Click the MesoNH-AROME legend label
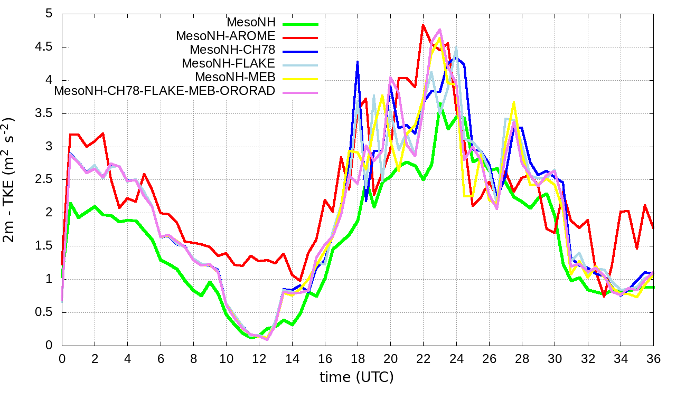click(x=226, y=36)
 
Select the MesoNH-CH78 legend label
click(x=232, y=50)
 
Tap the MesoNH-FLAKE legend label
click(x=228, y=64)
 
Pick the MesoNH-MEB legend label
click(x=236, y=78)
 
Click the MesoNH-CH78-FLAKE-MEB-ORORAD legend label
click(x=165, y=91)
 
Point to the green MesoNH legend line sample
click(x=301, y=23)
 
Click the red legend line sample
click(x=301, y=37)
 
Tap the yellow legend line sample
click(x=301, y=78)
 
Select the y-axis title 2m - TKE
click(x=11, y=179)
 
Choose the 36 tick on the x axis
click(x=653, y=357)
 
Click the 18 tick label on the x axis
click(x=358, y=357)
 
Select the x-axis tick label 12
click(x=259, y=357)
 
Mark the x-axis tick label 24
click(x=456, y=357)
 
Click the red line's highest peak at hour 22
click(x=423, y=25)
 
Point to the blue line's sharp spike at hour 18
click(x=358, y=61)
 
